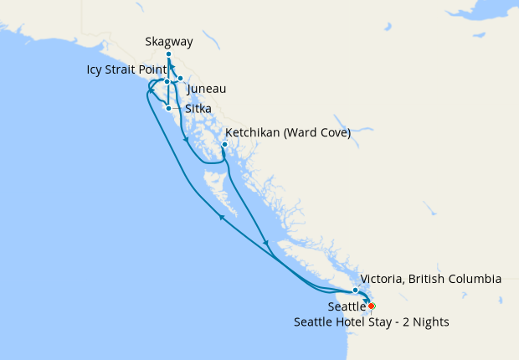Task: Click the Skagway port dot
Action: click(x=168, y=54)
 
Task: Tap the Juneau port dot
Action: click(x=180, y=78)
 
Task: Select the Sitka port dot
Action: click(x=169, y=108)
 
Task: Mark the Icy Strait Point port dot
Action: click(x=167, y=82)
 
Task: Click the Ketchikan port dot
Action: click(x=224, y=144)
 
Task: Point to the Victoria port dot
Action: click(x=356, y=290)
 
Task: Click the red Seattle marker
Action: click(x=372, y=306)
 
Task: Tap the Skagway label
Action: click(x=168, y=40)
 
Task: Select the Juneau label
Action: click(x=207, y=89)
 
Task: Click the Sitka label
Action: click(x=198, y=109)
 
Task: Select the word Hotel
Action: click(x=358, y=321)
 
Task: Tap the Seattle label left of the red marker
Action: click(x=346, y=307)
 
